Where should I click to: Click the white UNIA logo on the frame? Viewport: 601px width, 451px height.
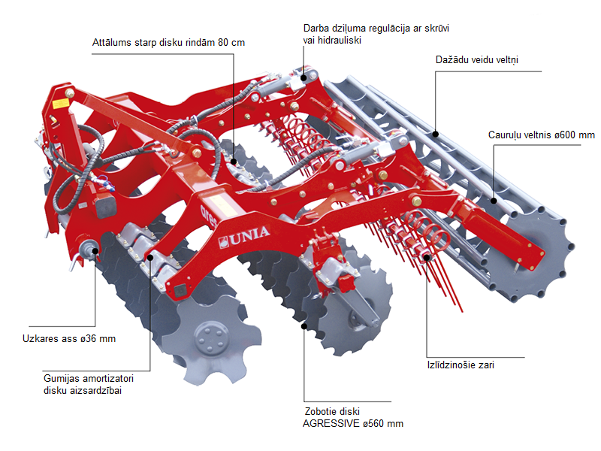pyautogui.click(x=245, y=242)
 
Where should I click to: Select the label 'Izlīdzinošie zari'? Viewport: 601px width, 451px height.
pyautogui.click(x=460, y=365)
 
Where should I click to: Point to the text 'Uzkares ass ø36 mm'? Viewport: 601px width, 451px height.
pyautogui.click(x=68, y=338)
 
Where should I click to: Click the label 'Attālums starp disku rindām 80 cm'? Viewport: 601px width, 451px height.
pyautogui.click(x=166, y=42)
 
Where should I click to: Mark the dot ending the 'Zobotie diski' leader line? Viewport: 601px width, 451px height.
pyautogui.click(x=304, y=326)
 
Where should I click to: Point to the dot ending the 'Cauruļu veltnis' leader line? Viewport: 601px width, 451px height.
pyautogui.click(x=494, y=201)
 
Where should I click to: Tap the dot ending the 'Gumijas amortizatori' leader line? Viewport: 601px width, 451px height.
pyautogui.click(x=150, y=258)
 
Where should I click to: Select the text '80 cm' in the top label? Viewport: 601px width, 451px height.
pyautogui.click(x=229, y=42)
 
